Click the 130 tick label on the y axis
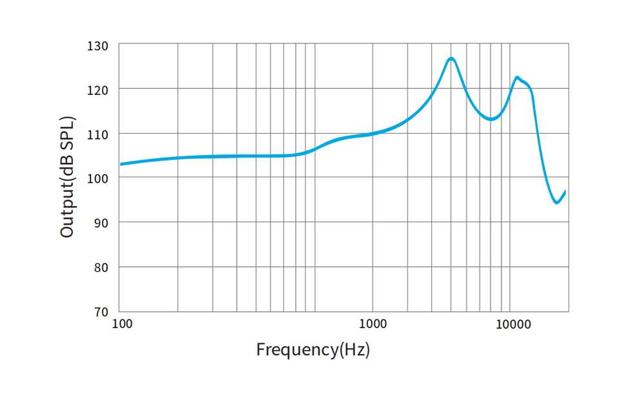click(x=99, y=46)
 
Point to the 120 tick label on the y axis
click(x=99, y=89)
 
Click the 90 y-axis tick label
click(x=102, y=223)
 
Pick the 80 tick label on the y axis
click(x=102, y=267)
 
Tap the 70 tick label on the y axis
click(x=102, y=311)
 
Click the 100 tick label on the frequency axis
click(x=122, y=324)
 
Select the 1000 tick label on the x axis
click(x=372, y=324)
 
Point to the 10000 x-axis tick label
click(x=514, y=324)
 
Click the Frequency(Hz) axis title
click(x=313, y=350)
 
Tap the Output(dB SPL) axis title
click(x=67, y=177)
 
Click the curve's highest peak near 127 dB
click(x=451, y=59)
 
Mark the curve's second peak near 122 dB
click(x=517, y=78)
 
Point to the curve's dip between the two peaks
click(x=491, y=119)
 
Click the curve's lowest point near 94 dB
click(x=556, y=203)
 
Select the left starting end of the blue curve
click(x=121, y=164)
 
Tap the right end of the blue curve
click(x=565, y=191)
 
